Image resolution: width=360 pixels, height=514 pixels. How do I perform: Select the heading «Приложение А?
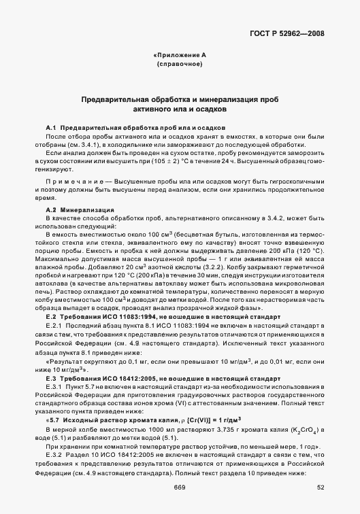[180, 54]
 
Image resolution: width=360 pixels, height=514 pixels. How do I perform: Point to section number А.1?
[51, 128]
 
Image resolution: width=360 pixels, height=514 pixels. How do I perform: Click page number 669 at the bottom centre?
[180, 487]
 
